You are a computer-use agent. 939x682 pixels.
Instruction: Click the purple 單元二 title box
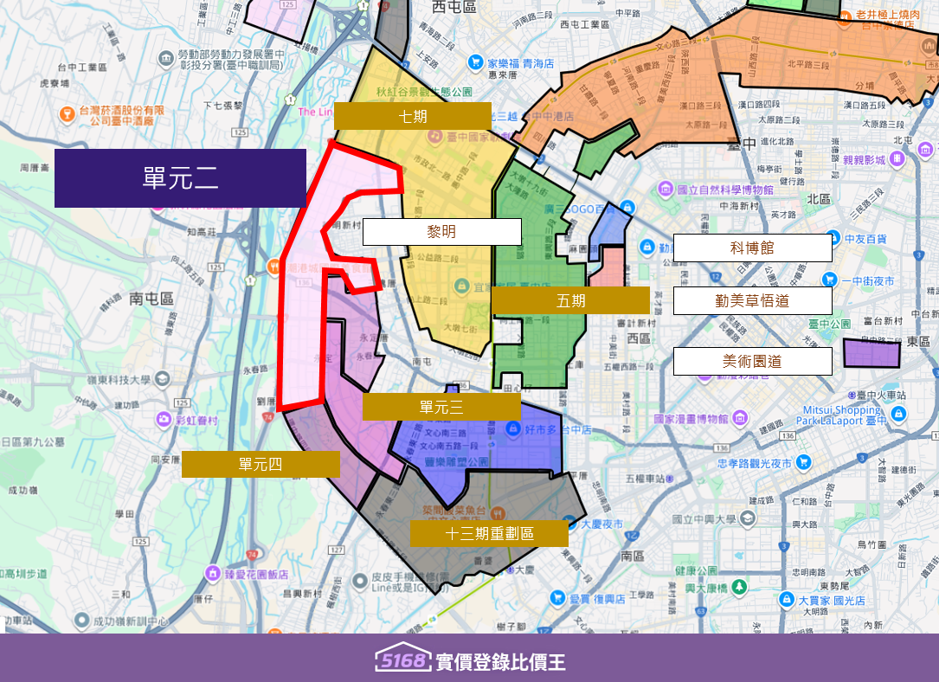[x=180, y=178]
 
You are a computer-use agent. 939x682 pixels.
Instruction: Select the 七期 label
[x=412, y=116]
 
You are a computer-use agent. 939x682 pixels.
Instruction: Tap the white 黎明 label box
[x=441, y=232]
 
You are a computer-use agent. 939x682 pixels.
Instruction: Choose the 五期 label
[x=570, y=300]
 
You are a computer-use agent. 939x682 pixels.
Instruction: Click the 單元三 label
[x=441, y=407]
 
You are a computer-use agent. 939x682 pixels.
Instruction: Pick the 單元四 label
[x=260, y=465]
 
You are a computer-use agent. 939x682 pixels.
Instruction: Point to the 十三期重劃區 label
[x=489, y=534]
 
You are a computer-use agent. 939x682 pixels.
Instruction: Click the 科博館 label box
[x=752, y=248]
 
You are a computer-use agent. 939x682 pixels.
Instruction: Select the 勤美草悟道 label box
[x=752, y=300]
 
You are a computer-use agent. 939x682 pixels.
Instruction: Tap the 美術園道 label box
[x=752, y=361]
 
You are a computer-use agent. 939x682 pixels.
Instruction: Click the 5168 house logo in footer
[x=403, y=659]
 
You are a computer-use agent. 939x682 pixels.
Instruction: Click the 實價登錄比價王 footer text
[x=501, y=662]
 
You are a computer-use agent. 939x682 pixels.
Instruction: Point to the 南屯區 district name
[x=151, y=299]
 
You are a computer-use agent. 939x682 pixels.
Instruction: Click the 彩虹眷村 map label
[x=193, y=420]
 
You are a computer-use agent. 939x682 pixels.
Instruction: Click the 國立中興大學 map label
[x=703, y=519]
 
